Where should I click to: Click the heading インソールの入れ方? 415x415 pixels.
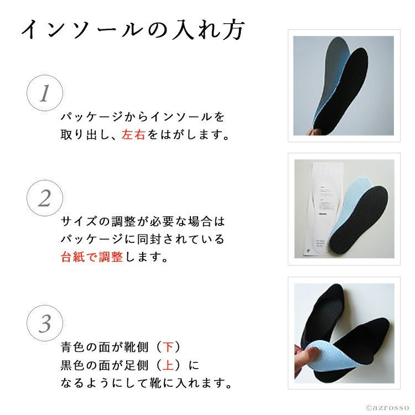pos(133,29)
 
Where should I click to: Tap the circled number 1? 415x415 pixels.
pos(45,93)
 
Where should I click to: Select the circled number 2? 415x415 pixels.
pos(45,198)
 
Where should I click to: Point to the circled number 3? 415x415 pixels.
pos(45,323)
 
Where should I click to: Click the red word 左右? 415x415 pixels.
pos(133,134)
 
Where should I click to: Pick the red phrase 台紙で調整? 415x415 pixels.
pos(92,256)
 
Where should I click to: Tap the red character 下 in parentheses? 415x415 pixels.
pos(169,347)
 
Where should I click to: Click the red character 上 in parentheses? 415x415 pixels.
pos(169,365)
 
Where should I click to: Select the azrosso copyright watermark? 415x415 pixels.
pos(387,408)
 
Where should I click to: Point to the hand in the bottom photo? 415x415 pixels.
pos(304,358)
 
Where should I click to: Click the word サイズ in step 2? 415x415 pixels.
pos(79,221)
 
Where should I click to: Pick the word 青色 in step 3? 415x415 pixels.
pos(72,347)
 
